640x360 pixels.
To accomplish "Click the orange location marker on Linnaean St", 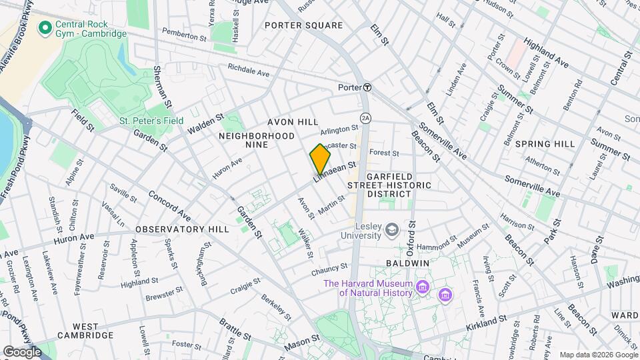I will (320, 159).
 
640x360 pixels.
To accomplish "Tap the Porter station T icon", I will (367, 87).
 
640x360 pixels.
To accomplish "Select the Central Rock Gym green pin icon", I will (45, 27).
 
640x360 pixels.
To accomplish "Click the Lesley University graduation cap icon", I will (393, 230).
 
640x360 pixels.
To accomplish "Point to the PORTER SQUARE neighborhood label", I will (303, 25).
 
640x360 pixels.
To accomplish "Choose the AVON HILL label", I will (293, 122).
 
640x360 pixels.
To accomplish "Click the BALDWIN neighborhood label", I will (406, 263).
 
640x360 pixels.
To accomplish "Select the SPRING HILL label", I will (545, 144).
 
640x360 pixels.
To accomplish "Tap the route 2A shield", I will (365, 117).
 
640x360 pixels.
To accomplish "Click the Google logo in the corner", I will (22, 351).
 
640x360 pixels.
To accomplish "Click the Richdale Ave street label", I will (248, 70).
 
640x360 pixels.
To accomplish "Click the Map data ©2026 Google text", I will (598, 355).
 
